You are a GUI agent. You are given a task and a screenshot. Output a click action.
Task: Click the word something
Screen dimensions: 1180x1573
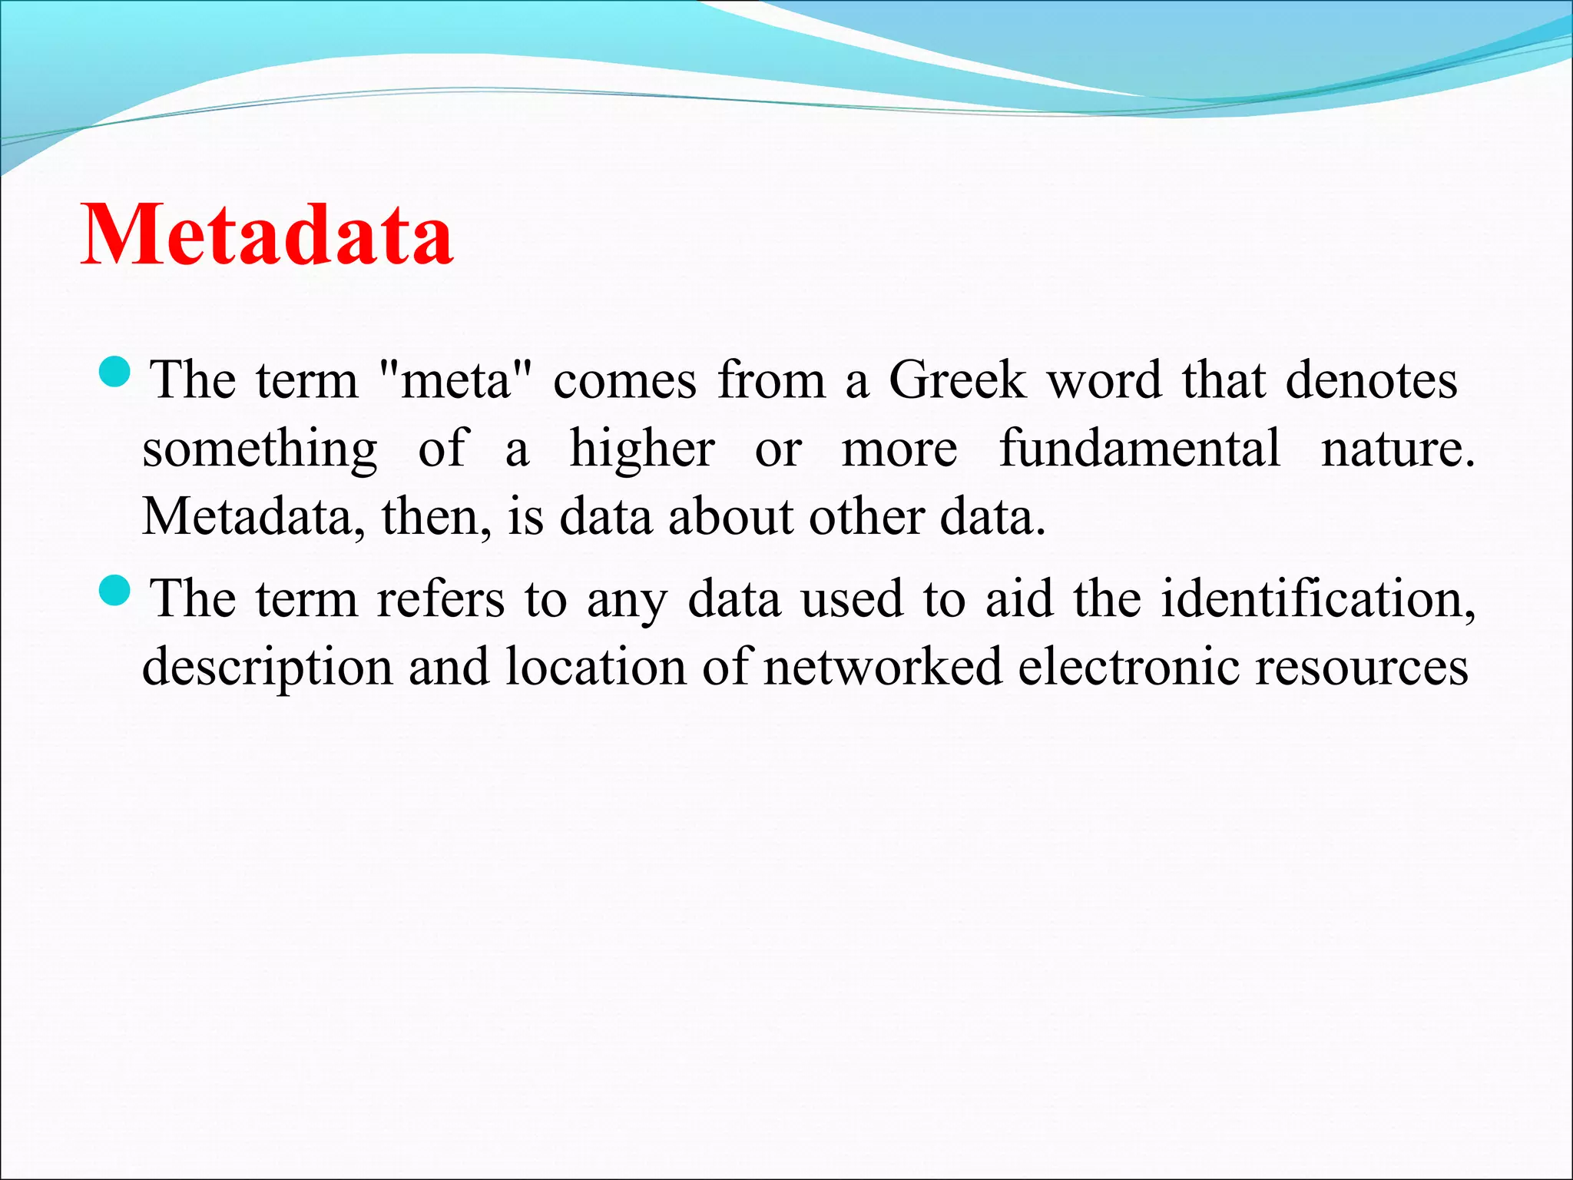coord(260,450)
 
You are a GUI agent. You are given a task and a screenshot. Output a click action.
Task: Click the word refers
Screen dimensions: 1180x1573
coord(440,598)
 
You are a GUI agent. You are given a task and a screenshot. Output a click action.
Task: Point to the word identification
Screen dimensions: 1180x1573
coord(1317,598)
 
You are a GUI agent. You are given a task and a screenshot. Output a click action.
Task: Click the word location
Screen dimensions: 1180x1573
coord(595,666)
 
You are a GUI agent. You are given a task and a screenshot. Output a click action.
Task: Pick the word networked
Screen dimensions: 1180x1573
coord(883,666)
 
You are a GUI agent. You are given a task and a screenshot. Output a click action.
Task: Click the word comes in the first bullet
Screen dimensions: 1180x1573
coord(624,381)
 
